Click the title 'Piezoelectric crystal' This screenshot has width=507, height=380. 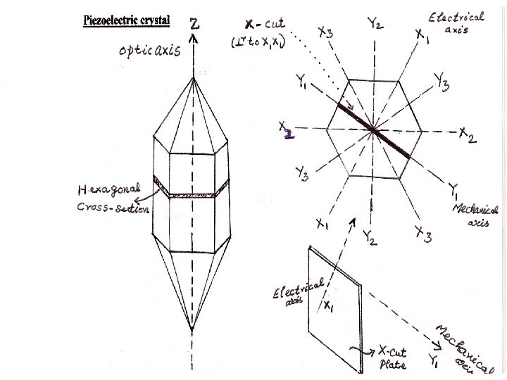[127, 20]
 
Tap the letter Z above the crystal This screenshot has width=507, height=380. [194, 23]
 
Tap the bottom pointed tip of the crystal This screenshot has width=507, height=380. [192, 329]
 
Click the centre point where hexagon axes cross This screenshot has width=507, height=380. [373, 131]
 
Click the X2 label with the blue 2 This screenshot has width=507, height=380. [286, 131]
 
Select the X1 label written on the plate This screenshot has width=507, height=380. [329, 307]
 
